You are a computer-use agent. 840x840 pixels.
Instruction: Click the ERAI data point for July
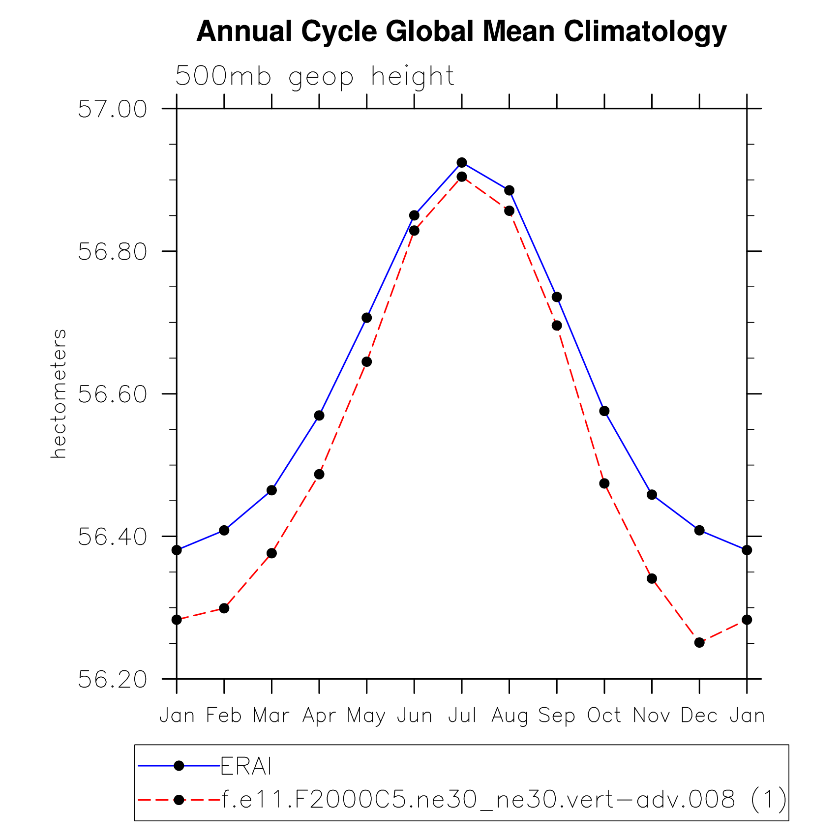[461, 163]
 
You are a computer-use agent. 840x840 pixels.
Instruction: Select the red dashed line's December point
[699, 643]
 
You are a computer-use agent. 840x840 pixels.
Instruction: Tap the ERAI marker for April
[319, 416]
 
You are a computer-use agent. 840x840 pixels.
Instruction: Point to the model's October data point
[604, 484]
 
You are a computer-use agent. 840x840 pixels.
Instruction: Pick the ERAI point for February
[224, 530]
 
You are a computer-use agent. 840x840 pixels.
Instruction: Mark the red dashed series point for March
[271, 553]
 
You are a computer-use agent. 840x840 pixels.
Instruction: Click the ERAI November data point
[652, 495]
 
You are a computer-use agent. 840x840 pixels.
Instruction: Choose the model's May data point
[366, 362]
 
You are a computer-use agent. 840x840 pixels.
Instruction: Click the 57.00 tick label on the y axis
[113, 109]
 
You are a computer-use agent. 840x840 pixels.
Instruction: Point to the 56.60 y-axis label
[113, 394]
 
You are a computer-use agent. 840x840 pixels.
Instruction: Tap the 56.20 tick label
[113, 680]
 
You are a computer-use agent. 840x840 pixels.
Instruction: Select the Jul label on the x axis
[462, 716]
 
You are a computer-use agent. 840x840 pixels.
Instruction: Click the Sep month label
[557, 716]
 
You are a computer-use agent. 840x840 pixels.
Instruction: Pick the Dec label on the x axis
[699, 716]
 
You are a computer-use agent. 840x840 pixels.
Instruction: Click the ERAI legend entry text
[246, 766]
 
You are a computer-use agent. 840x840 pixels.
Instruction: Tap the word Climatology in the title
[645, 31]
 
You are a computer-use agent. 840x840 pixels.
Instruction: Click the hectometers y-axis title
[59, 394]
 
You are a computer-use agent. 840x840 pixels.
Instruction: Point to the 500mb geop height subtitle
[315, 77]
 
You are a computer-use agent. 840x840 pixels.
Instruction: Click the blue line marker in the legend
[179, 766]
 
